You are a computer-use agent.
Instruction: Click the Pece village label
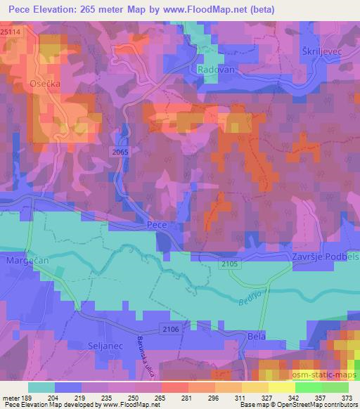pos(156,225)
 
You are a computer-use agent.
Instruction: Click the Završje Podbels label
pos(325,258)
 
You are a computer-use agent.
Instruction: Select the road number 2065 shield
pos(120,151)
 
